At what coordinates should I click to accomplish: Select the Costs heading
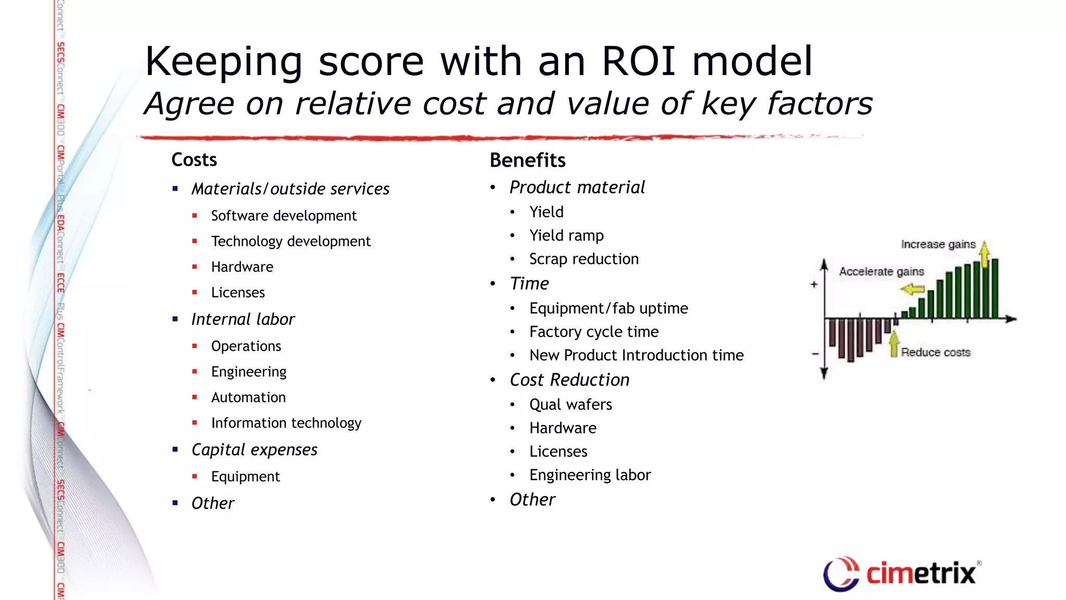tap(194, 160)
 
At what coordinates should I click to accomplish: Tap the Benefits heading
tap(527, 160)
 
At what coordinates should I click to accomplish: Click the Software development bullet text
tap(284, 216)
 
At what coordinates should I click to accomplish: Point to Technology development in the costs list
tap(290, 241)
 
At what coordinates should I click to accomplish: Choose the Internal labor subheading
tap(243, 319)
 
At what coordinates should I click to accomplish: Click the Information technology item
tap(286, 423)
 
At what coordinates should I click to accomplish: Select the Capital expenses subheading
tap(254, 450)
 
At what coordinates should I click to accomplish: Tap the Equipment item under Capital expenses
tap(245, 477)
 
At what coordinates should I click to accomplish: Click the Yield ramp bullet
tap(566, 235)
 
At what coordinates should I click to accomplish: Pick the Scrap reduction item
tap(583, 259)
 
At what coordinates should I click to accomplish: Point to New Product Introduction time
tap(636, 355)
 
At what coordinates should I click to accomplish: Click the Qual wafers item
tap(570, 405)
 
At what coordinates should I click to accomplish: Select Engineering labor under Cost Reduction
tap(590, 475)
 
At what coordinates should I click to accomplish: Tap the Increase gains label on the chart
tap(938, 244)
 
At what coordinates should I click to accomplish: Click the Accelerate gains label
tap(881, 271)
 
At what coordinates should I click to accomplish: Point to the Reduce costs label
tap(935, 353)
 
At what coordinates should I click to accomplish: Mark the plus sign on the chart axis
tap(814, 284)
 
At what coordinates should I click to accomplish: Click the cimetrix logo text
tap(920, 574)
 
